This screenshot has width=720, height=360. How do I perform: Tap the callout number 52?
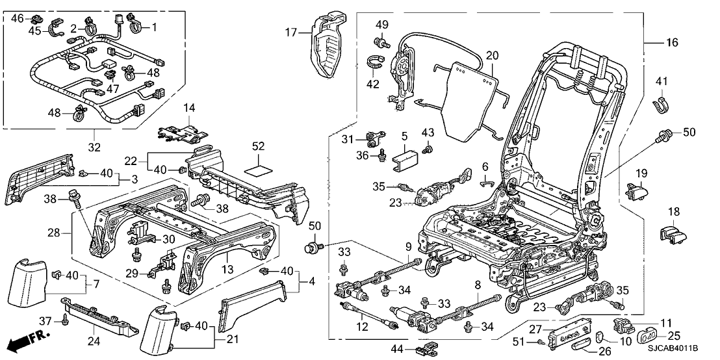[x=258, y=148]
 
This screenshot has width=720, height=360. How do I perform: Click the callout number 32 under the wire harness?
[x=94, y=148]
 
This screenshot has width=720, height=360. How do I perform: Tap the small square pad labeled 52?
[x=257, y=172]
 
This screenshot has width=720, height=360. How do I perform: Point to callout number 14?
[x=189, y=108]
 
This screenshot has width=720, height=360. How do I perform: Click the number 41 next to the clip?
[x=662, y=83]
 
